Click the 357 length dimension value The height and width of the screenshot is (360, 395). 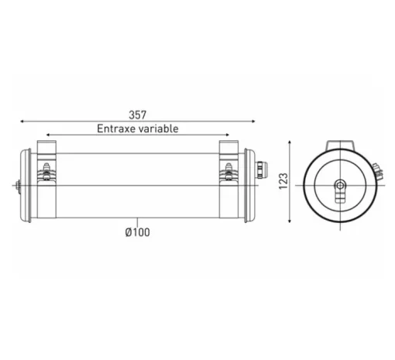tap(138, 115)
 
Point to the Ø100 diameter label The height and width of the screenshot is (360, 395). tap(137, 232)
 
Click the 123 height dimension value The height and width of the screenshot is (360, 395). tap(283, 181)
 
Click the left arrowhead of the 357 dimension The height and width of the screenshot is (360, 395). tap(22, 122)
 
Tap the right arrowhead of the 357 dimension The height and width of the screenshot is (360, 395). tap(253, 122)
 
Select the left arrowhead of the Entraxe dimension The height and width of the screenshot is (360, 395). tap(48, 135)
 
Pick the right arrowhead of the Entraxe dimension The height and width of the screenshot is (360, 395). tap(227, 135)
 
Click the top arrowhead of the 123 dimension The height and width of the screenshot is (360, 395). tap(290, 142)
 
